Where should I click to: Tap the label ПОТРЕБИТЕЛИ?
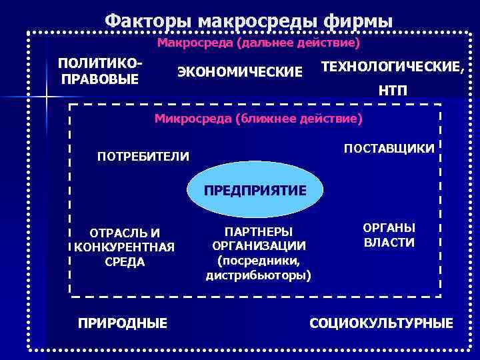click(143, 157)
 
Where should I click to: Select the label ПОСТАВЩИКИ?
click(389, 147)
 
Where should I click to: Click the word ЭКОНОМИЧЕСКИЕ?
click(239, 71)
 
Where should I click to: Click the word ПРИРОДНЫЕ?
click(123, 323)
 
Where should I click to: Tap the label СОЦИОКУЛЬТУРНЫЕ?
click(381, 323)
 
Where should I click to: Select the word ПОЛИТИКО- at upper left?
click(100, 64)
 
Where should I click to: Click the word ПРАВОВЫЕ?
click(100, 80)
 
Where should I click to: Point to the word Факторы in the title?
click(136, 21)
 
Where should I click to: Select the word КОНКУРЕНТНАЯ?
click(125, 247)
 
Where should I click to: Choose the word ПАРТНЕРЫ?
click(259, 231)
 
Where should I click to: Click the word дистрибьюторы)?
click(259, 275)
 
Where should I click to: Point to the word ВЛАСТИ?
click(389, 243)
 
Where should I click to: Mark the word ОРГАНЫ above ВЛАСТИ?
click(389, 228)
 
